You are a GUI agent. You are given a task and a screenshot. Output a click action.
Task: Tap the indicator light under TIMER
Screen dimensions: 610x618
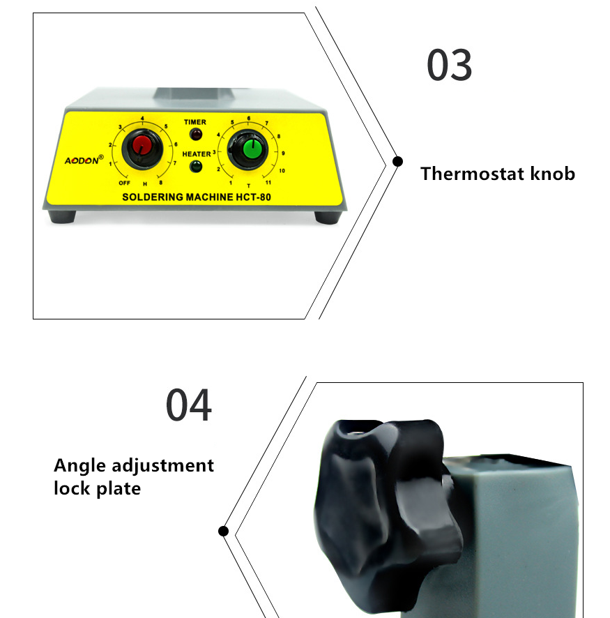tap(196, 135)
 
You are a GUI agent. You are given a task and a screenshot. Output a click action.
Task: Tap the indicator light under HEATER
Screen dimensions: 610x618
tap(196, 166)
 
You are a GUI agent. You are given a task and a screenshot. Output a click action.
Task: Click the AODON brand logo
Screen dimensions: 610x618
tap(84, 160)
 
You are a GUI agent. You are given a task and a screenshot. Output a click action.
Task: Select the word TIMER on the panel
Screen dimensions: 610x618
tap(195, 122)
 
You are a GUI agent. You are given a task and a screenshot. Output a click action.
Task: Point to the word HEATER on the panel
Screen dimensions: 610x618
tap(197, 153)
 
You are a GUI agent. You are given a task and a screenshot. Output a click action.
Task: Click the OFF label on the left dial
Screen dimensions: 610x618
tap(125, 183)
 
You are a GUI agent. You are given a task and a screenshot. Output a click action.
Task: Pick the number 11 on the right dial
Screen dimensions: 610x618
tap(268, 183)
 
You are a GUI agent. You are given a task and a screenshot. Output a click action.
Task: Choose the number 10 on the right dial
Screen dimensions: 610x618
tap(282, 171)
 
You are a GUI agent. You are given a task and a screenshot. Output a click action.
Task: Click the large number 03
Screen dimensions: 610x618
tap(450, 65)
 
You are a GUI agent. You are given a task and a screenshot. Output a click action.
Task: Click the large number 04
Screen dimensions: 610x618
tap(189, 405)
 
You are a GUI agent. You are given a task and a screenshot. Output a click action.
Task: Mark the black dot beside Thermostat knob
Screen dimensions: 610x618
tap(398, 161)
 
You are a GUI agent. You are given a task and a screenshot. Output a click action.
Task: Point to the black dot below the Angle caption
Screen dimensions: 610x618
tap(223, 532)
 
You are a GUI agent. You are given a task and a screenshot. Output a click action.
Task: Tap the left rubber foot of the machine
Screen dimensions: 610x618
tap(62, 216)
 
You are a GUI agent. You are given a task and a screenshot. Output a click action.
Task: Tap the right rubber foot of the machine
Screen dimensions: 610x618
tap(328, 217)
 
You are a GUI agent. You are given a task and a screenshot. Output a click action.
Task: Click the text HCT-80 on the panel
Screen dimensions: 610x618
tap(253, 197)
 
